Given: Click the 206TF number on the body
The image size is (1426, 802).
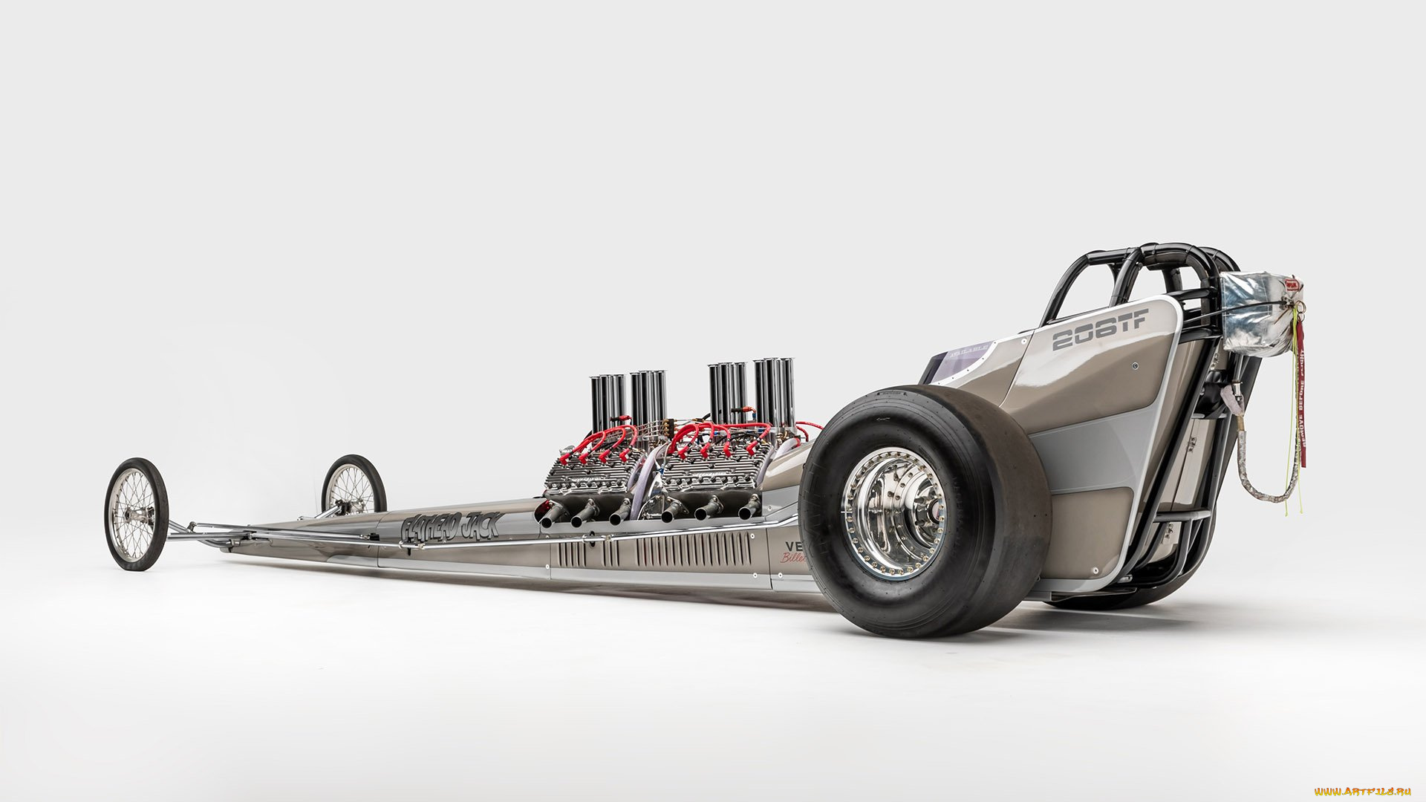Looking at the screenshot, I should pos(1098,330).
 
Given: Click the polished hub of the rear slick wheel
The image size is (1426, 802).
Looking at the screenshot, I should pos(894,513).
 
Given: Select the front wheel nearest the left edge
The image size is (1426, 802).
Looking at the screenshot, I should pos(136,514).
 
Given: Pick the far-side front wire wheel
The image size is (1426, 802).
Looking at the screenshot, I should pos(353,486).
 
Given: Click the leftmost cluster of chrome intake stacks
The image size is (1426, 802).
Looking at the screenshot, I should pos(608,401).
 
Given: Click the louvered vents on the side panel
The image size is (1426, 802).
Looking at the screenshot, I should pos(654,552).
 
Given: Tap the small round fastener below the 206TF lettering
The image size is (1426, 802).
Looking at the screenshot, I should pos(1136,366).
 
